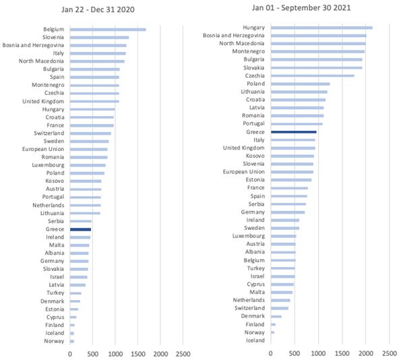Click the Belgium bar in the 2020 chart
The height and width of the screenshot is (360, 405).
click(107, 30)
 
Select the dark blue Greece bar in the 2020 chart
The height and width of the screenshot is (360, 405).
click(80, 230)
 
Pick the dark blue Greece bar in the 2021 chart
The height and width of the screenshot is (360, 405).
click(293, 132)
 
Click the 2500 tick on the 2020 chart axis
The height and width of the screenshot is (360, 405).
click(183, 353)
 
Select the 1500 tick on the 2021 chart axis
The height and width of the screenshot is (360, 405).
click(342, 352)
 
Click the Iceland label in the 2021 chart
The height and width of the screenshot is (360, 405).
click(255, 340)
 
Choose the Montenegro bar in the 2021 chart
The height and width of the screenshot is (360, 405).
click(317, 51)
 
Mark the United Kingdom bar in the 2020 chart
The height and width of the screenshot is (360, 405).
click(94, 102)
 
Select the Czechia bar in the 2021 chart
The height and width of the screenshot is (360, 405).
click(312, 76)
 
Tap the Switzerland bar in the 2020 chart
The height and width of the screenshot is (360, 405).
click(90, 133)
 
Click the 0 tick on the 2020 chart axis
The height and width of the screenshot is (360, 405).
click(69, 353)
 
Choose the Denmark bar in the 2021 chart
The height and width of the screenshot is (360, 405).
click(276, 316)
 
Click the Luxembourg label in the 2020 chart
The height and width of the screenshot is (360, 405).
click(48, 165)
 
